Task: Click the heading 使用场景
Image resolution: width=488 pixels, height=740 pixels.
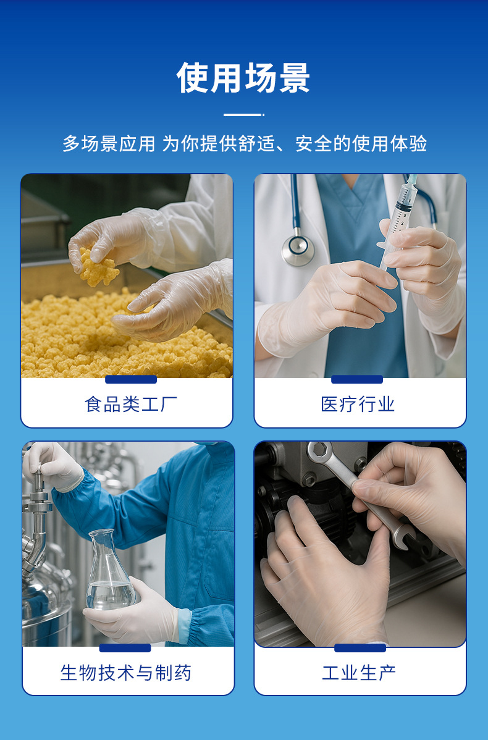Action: (243, 79)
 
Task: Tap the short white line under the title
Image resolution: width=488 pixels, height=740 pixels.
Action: (243, 115)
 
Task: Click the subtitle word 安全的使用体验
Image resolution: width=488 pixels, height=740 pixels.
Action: (361, 145)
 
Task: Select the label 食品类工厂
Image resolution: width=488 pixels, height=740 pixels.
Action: (130, 405)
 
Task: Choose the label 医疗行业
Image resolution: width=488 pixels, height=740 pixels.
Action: (358, 405)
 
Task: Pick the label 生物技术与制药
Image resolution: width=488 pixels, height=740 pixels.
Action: (126, 673)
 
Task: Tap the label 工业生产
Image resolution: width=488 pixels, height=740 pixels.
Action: (359, 673)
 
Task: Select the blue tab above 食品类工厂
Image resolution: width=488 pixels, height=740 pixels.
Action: (130, 379)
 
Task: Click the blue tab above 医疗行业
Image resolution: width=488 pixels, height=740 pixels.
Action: (357, 379)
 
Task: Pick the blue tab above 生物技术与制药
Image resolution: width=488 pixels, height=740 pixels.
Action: (125, 648)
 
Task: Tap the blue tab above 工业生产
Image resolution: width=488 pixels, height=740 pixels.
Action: (360, 648)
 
